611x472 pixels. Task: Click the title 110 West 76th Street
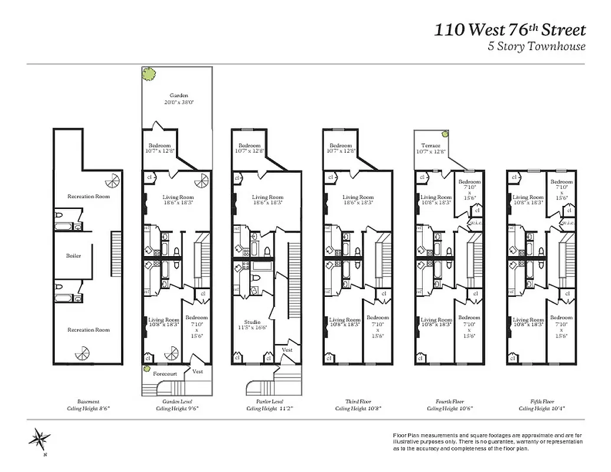(510, 29)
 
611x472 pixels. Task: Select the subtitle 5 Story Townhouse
(536, 47)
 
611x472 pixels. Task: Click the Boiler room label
(74, 256)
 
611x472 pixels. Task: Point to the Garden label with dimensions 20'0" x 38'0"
(178, 99)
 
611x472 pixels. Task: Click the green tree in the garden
(150, 74)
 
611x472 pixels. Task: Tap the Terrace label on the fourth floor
(430, 149)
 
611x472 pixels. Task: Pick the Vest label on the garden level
(198, 371)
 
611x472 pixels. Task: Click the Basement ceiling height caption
(88, 404)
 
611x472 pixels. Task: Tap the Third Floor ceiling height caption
(357, 404)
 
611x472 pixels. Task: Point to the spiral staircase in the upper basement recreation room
(111, 180)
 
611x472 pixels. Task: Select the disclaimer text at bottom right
(488, 441)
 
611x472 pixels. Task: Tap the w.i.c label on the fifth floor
(568, 222)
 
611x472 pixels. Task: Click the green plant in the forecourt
(146, 369)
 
